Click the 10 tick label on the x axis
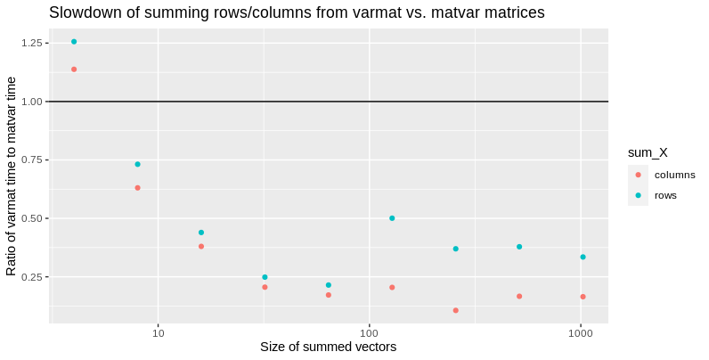pyautogui.click(x=159, y=333)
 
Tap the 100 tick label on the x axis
pyautogui.click(x=370, y=333)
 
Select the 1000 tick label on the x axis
pyautogui.click(x=581, y=333)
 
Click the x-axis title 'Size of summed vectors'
pyautogui.click(x=328, y=347)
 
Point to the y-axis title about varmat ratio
pyautogui.click(x=12, y=176)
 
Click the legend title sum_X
pyautogui.click(x=648, y=154)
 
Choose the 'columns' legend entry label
pyautogui.click(x=674, y=175)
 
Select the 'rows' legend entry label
pyautogui.click(x=665, y=195)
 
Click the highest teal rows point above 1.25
pyautogui.click(x=74, y=42)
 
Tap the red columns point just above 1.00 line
pyautogui.click(x=74, y=69)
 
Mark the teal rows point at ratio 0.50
pyautogui.click(x=392, y=218)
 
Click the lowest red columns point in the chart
pyautogui.click(x=455, y=310)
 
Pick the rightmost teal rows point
pyautogui.click(x=583, y=257)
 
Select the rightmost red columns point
pyautogui.click(x=583, y=297)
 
